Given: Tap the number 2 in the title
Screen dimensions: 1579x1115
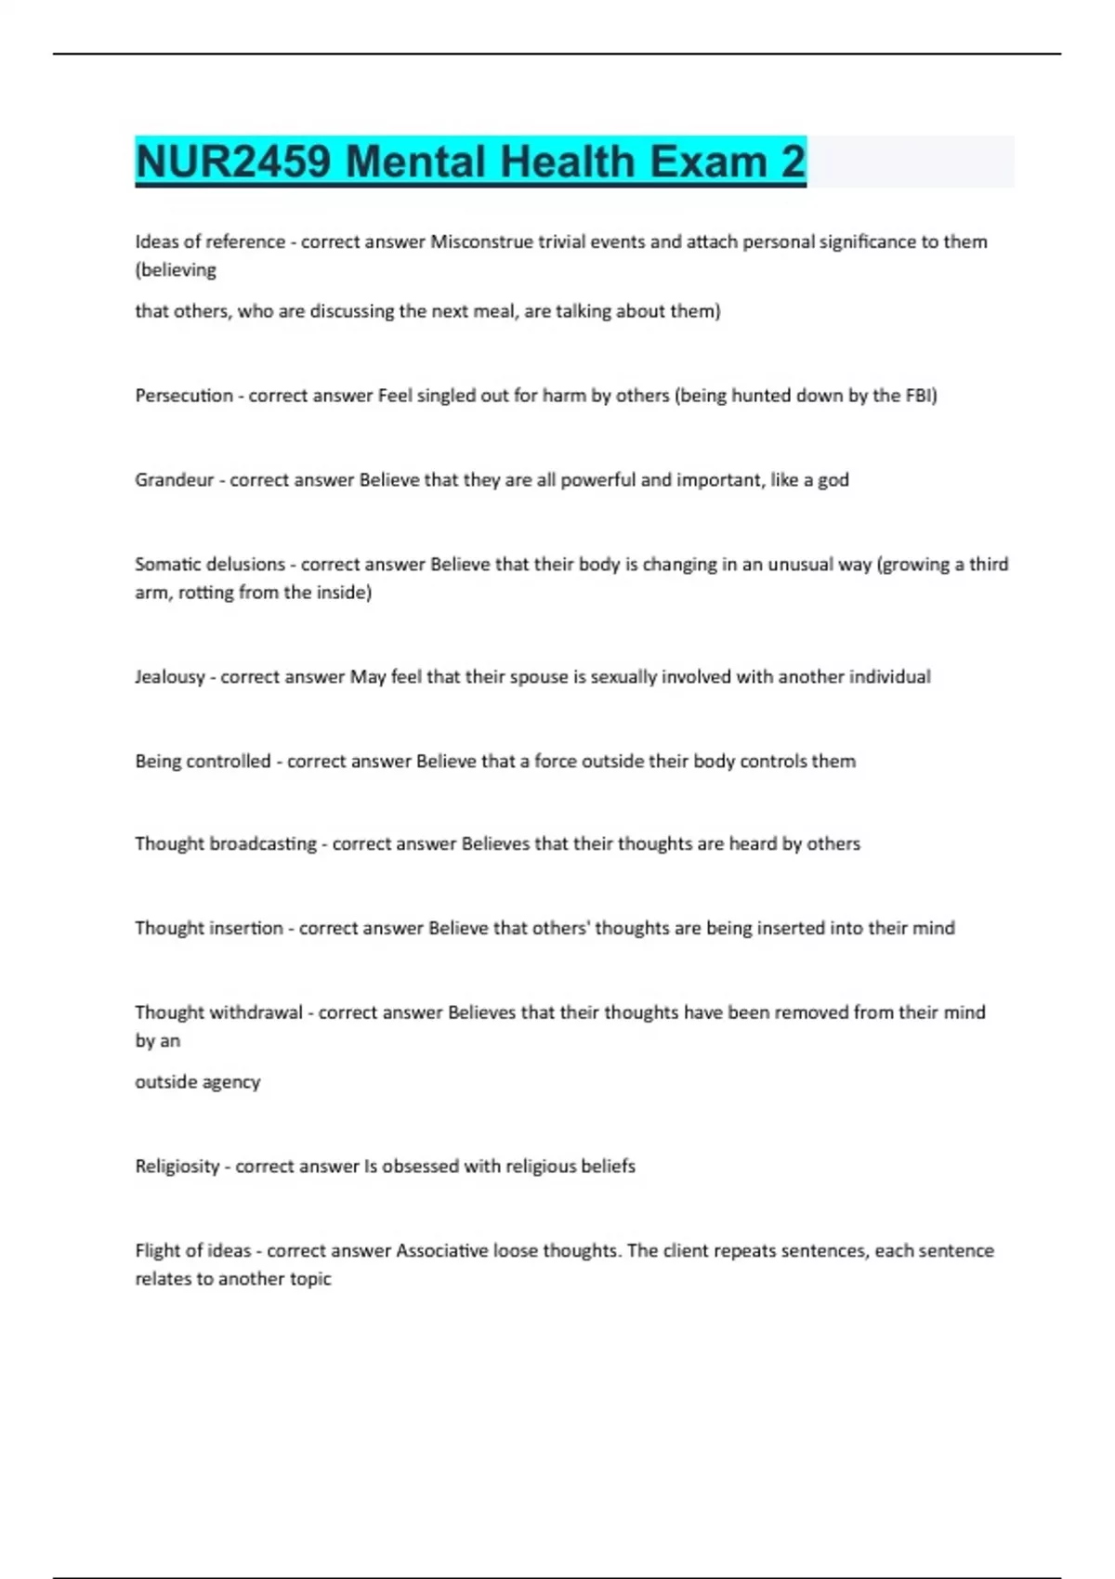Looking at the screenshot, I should [793, 162].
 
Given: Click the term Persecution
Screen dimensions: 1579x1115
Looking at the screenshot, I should [184, 396].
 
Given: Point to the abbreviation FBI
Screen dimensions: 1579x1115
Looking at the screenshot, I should [919, 396].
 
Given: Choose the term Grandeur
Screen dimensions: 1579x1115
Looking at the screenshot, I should [174, 480].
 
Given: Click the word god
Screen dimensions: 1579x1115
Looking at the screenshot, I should [833, 480].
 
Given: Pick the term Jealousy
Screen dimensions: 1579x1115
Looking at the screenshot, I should [169, 677].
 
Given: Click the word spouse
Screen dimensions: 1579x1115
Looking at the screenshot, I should [537, 677].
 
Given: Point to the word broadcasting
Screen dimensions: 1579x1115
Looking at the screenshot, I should [263, 844].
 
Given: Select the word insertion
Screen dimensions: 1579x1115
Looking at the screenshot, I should [246, 928].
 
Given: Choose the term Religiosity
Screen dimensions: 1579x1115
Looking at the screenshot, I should [177, 1167].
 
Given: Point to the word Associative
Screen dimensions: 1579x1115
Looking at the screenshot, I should [442, 1250].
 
